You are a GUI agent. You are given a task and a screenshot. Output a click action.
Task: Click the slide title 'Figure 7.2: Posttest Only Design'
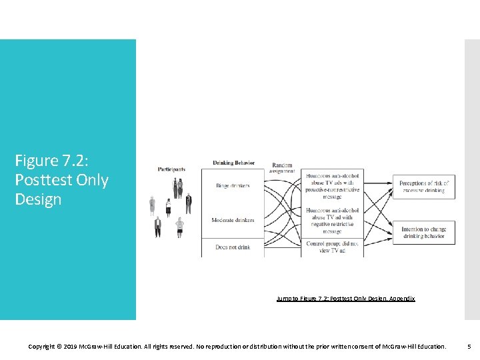click(x=61, y=180)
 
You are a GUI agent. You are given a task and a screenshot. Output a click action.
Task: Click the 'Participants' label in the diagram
click(x=171, y=169)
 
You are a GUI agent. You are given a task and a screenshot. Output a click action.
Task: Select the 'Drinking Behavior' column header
click(x=233, y=163)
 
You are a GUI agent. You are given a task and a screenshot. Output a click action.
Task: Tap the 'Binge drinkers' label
click(x=233, y=186)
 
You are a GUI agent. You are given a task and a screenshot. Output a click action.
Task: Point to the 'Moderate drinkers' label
click(x=233, y=220)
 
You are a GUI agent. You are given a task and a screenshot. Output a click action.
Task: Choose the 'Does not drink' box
click(x=233, y=247)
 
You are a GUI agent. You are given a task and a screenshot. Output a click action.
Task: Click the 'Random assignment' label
click(x=283, y=168)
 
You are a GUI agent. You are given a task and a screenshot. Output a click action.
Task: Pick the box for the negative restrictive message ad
click(x=333, y=221)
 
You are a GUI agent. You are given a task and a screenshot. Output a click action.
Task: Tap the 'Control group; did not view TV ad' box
click(x=333, y=247)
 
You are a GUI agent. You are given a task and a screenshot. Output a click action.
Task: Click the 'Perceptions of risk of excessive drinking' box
click(x=424, y=187)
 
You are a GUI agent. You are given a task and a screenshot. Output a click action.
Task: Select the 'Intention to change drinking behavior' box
click(x=424, y=233)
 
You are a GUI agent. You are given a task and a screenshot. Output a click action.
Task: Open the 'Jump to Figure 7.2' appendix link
click(x=345, y=299)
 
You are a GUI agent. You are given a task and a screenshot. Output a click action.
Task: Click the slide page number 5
click(x=469, y=347)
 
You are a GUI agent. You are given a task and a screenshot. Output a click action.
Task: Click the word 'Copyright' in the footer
click(x=43, y=347)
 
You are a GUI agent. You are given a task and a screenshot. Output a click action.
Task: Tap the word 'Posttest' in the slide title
click(x=41, y=180)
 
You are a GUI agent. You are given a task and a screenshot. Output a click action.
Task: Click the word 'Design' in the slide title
click(x=38, y=199)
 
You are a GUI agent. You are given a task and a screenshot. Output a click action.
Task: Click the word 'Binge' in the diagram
click(x=223, y=186)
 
